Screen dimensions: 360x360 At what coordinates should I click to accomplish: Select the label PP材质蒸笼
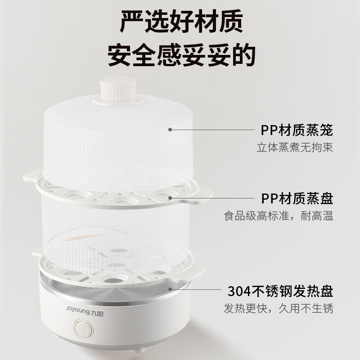click(x=297, y=130)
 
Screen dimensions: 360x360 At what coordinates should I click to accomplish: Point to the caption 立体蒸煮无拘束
click(x=295, y=147)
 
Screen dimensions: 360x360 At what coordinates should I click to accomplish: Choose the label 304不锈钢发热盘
click(x=280, y=291)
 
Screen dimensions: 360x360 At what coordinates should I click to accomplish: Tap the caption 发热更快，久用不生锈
click(x=279, y=309)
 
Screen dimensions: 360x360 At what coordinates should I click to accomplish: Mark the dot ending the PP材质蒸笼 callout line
click(x=171, y=130)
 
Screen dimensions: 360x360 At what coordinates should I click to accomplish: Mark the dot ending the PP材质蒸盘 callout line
click(x=171, y=197)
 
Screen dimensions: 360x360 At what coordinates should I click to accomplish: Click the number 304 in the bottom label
click(x=237, y=291)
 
